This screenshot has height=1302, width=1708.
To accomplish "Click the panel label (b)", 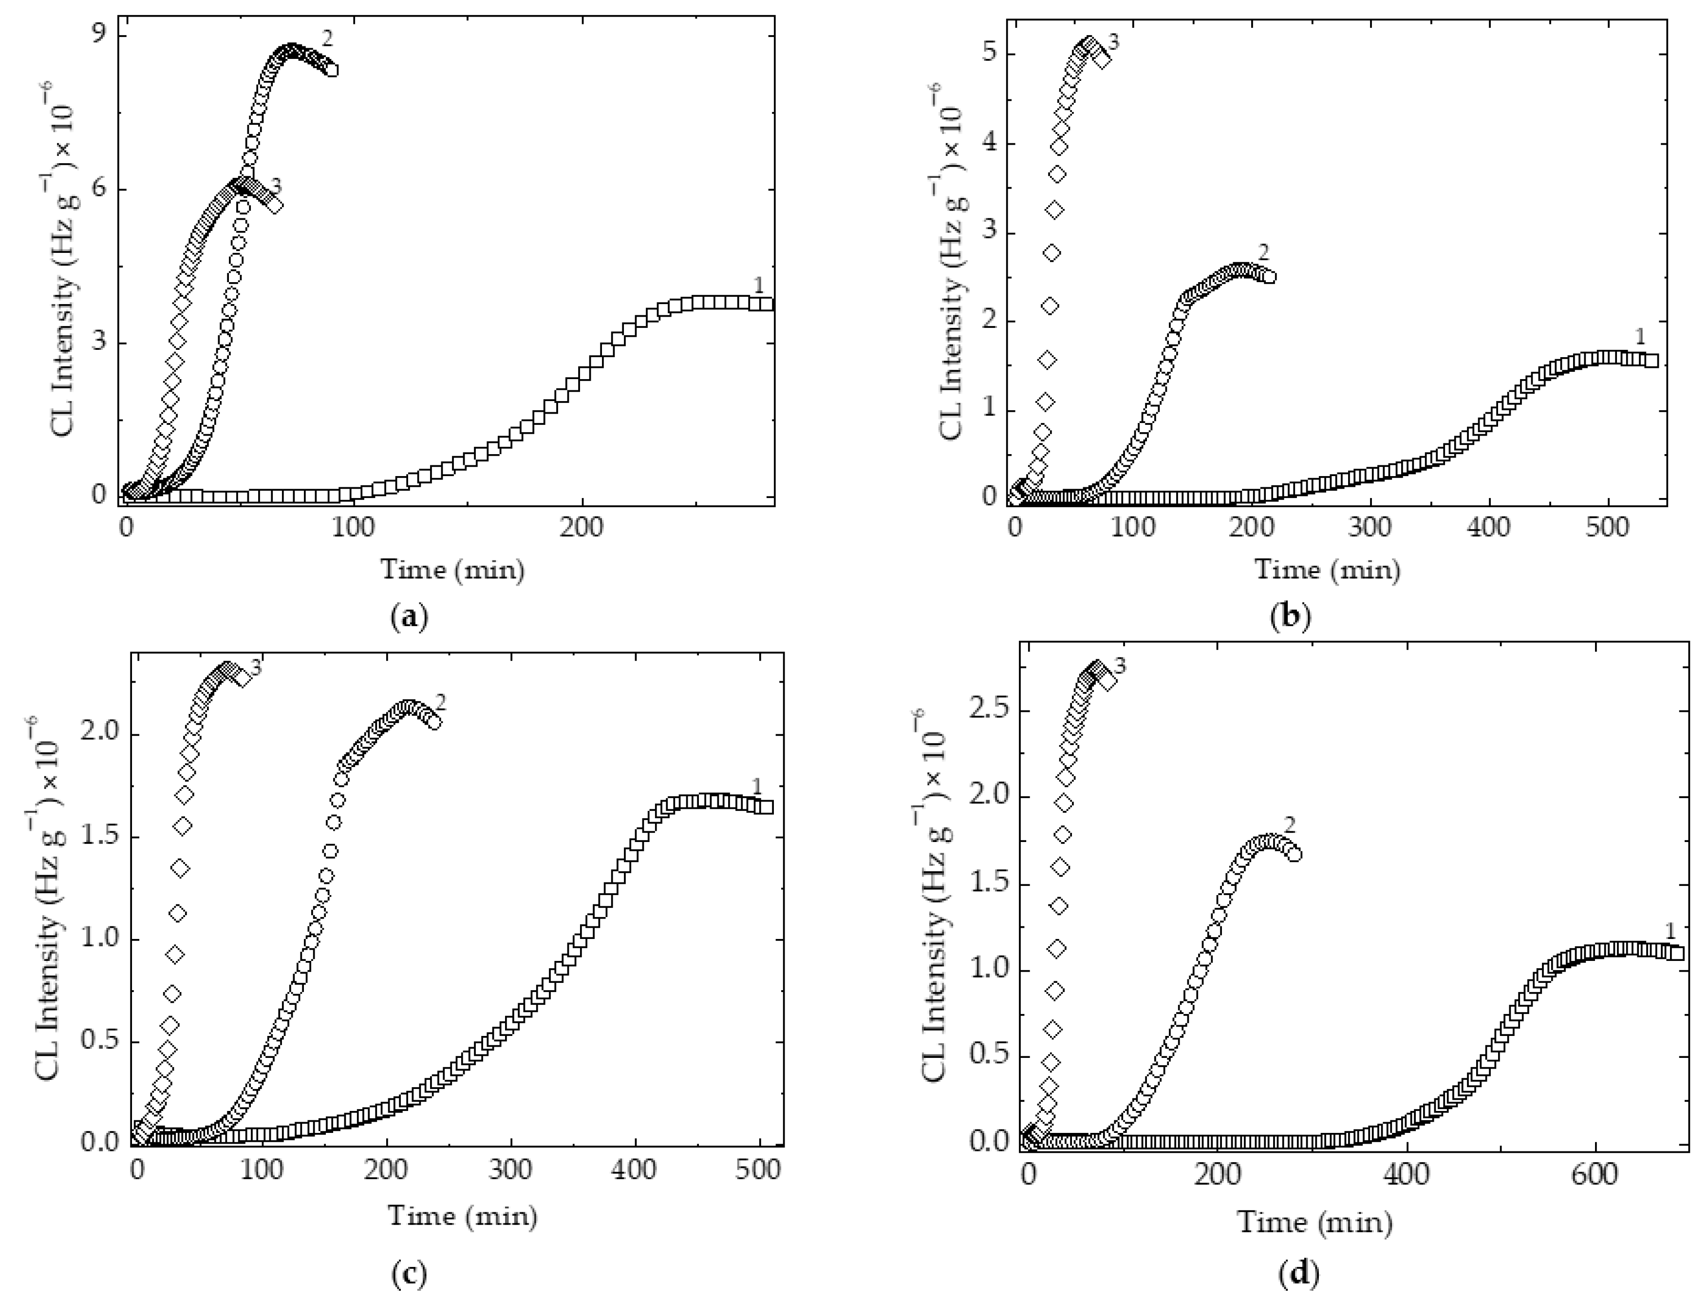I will click(1291, 618).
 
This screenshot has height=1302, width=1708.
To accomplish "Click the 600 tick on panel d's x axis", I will click(1595, 1175).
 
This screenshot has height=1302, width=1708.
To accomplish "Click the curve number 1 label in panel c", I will click(757, 787).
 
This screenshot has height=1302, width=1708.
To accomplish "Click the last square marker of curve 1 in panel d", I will click(1677, 953).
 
